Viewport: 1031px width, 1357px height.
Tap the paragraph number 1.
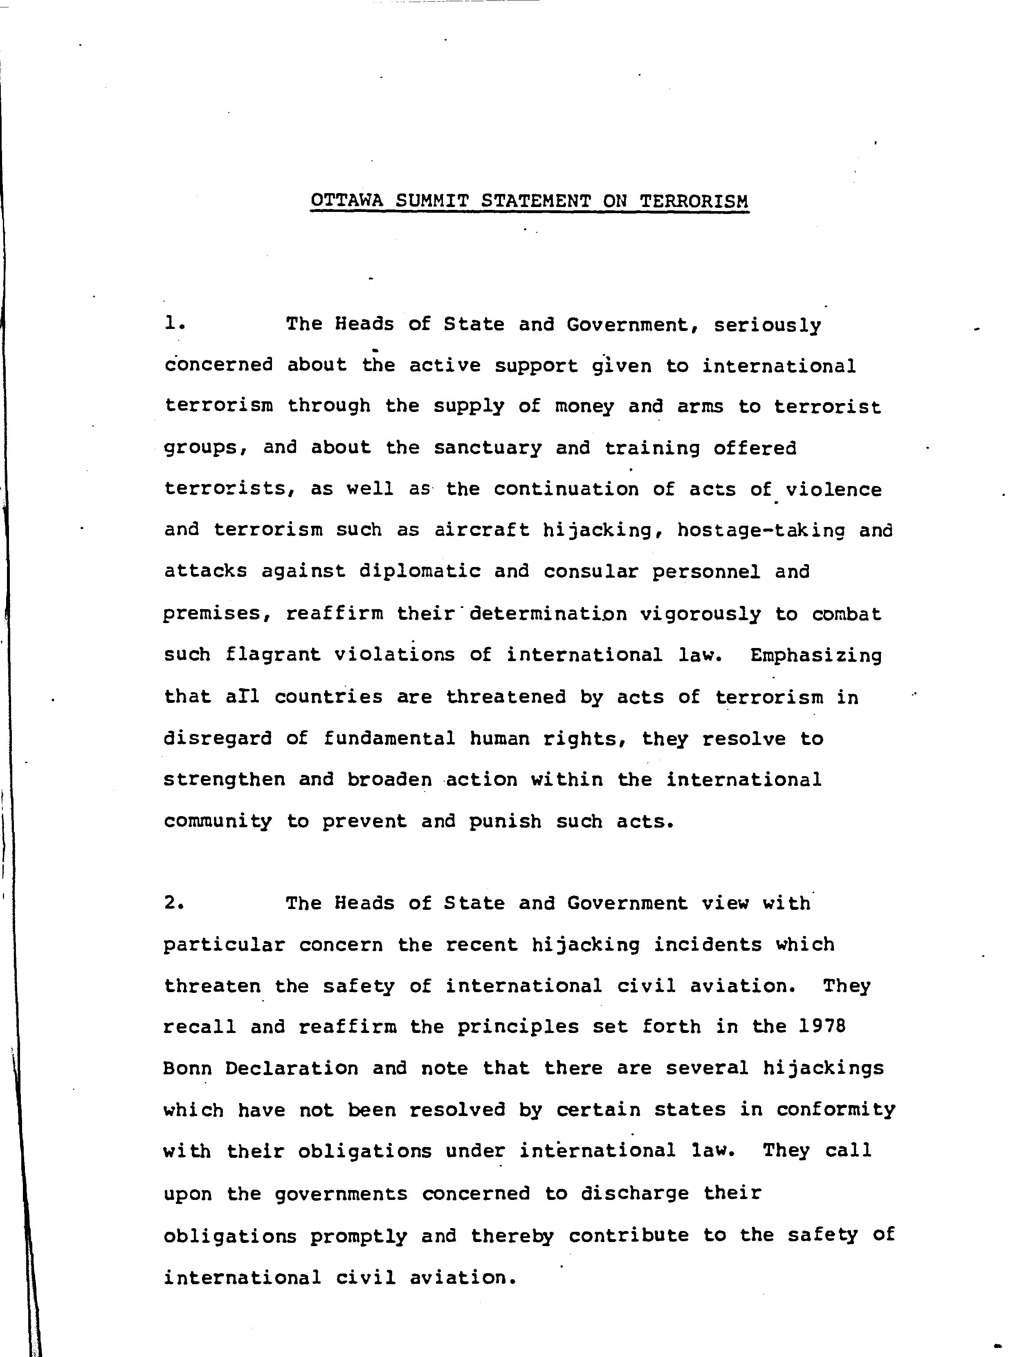[174, 324]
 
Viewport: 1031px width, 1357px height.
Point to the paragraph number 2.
[174, 903]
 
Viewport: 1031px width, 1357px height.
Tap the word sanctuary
[488, 448]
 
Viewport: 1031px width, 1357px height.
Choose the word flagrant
[273, 655]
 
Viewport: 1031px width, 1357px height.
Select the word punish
[505, 822]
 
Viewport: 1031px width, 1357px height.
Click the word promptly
[358, 1236]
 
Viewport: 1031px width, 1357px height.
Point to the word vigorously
[700, 614]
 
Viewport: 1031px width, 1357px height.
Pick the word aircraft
[482, 530]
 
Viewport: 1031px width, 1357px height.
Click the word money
[584, 406]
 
